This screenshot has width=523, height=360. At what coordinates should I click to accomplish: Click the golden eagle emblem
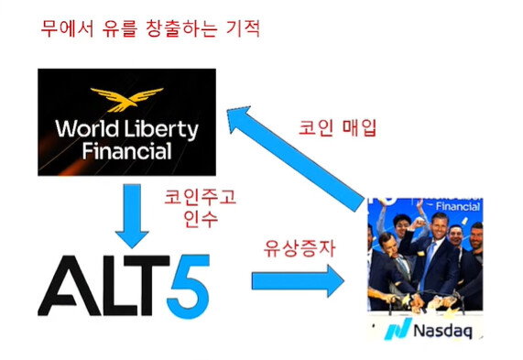point(127,99)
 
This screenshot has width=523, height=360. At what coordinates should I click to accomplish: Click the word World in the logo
point(87,128)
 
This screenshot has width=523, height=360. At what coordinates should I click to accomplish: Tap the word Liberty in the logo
point(161,130)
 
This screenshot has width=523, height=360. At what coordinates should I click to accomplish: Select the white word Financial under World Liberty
point(126,151)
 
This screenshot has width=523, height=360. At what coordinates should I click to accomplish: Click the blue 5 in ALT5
point(189,287)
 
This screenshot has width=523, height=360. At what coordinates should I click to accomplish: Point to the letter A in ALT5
point(70,286)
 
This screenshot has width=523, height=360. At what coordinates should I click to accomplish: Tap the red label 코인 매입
point(337,127)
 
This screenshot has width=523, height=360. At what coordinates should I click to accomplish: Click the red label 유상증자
point(300,248)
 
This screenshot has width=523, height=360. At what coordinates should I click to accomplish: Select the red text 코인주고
point(200,197)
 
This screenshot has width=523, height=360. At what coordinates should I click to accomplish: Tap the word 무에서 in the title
point(67,28)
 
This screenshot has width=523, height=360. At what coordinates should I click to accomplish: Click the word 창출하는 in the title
point(181,28)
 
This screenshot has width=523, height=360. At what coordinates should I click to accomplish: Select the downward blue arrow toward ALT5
point(132,216)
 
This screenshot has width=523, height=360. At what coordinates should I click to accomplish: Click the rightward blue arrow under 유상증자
point(298,281)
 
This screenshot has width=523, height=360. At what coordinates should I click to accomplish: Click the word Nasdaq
point(442,331)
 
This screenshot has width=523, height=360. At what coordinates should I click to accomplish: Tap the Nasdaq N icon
point(398,329)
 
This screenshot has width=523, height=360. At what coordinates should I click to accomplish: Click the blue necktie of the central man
point(429,264)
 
